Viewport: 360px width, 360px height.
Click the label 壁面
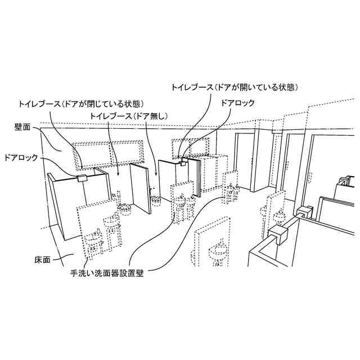(x=22, y=127)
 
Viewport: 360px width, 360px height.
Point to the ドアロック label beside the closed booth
(x=21, y=158)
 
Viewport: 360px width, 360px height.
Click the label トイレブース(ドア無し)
(x=129, y=116)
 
